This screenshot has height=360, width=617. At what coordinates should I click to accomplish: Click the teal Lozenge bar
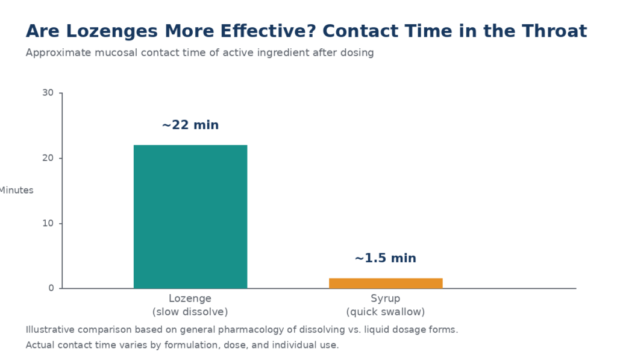190,216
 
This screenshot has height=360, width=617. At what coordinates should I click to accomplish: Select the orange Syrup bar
386,283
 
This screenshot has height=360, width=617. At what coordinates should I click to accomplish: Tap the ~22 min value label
190,125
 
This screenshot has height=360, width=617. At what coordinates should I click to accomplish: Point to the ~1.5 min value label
385,258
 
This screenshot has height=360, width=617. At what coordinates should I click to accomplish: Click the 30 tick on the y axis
48,92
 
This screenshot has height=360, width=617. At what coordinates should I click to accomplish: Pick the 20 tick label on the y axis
48,158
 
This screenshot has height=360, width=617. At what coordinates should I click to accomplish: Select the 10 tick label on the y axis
48,223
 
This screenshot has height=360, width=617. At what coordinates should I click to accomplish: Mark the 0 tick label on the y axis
51,288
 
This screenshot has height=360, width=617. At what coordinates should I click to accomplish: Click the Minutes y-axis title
16,190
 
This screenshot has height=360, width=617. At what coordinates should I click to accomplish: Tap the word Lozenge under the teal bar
190,298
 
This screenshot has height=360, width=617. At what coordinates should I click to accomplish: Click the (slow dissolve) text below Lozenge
190,312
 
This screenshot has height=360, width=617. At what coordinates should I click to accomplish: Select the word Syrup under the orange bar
385,298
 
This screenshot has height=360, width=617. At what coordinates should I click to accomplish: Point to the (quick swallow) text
386,312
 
